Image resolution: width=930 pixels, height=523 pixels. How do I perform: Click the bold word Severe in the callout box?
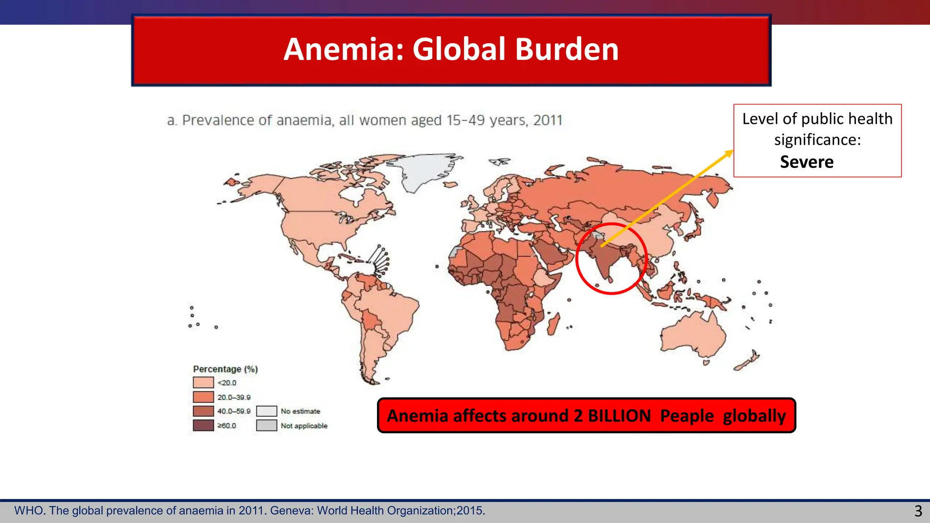pyautogui.click(x=806, y=162)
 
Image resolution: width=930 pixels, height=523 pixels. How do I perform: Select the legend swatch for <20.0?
pyautogui.click(x=203, y=383)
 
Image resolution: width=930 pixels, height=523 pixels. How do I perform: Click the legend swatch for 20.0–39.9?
pyautogui.click(x=203, y=397)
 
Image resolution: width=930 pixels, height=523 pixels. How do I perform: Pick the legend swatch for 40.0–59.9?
pyautogui.click(x=203, y=411)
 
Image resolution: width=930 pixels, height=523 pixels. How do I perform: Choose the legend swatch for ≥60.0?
pyautogui.click(x=203, y=425)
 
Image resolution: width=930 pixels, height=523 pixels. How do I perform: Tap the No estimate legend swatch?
pyautogui.click(x=267, y=411)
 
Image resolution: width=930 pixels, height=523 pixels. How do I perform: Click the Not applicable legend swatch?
pyautogui.click(x=267, y=425)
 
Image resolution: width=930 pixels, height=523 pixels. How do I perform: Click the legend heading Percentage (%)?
pyautogui.click(x=225, y=369)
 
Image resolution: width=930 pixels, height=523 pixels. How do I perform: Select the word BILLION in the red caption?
pyautogui.click(x=619, y=416)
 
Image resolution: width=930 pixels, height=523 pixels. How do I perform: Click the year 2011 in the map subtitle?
pyautogui.click(x=548, y=120)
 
